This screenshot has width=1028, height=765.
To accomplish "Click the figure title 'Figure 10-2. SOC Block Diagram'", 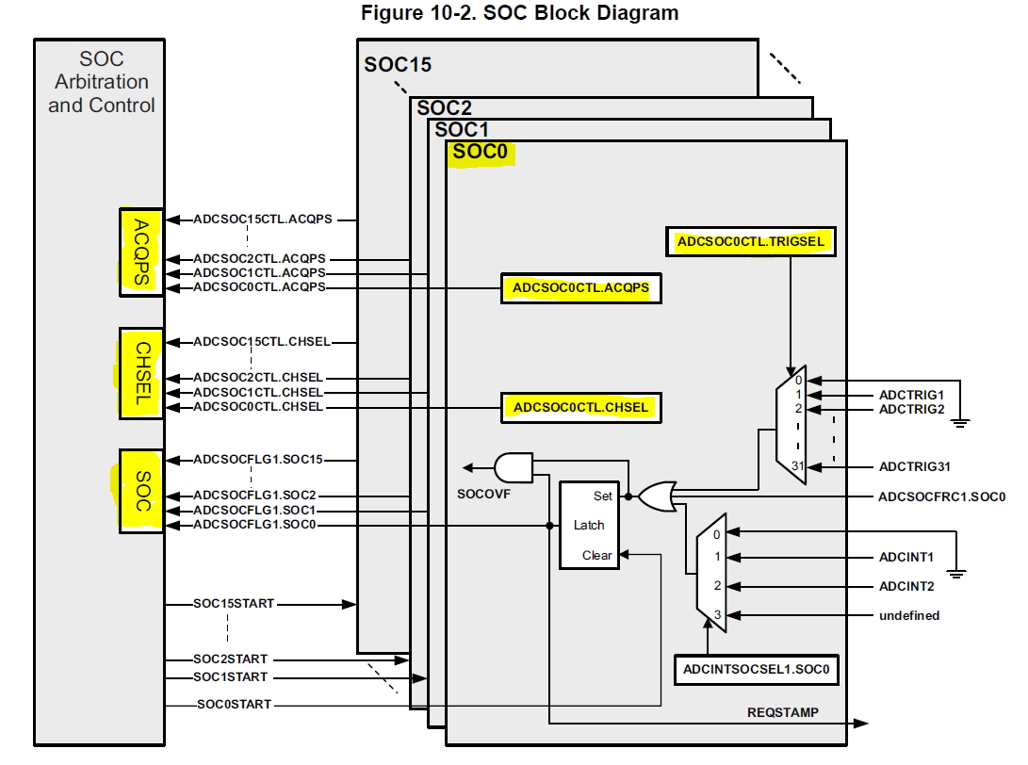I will coord(519,13).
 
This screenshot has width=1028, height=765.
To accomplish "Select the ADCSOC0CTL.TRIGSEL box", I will coord(751,242).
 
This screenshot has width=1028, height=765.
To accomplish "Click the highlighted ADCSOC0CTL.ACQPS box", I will coord(580,287).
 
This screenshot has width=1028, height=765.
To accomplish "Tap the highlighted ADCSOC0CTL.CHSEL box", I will coord(580,407).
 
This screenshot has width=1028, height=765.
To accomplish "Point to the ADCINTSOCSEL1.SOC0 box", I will coord(758,670).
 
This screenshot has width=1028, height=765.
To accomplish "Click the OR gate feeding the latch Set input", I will coord(656,495).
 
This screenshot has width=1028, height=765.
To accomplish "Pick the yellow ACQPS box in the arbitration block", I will coord(141,252).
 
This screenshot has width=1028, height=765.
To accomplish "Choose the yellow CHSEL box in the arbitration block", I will coord(141,373).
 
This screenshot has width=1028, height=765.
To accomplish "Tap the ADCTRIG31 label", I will coord(915,465).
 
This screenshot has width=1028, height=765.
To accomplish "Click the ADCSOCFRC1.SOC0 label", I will coord(941,496).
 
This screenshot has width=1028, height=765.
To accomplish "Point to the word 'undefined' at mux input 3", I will coord(908,615).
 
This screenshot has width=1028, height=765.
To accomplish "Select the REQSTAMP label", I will coord(783,712).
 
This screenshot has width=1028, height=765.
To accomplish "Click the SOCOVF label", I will coord(483,492).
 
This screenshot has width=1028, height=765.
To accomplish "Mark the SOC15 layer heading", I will coord(398,65).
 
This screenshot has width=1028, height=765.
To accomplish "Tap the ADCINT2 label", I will coord(906,586).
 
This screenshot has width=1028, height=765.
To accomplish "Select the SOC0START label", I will coord(234,704).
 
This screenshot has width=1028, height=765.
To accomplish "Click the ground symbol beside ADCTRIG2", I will coord(960,422).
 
